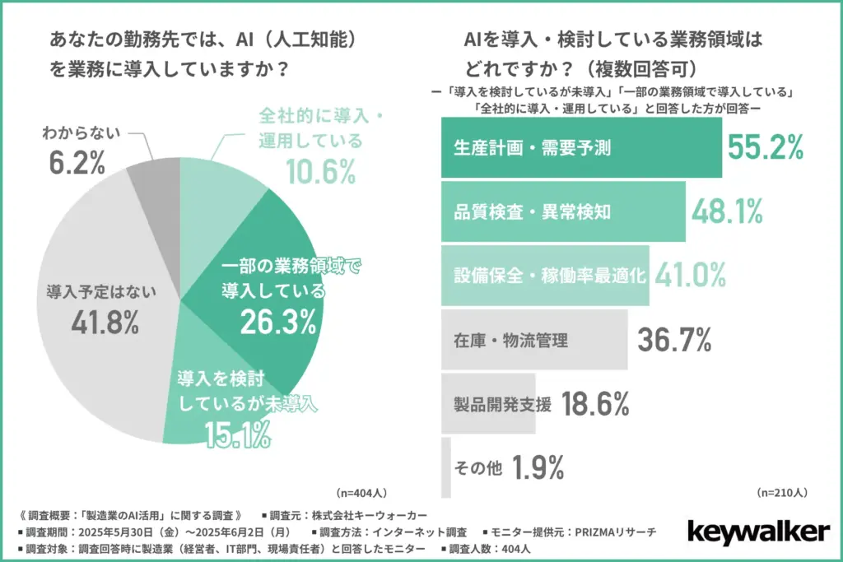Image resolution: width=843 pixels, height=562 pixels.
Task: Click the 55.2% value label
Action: point(766,147)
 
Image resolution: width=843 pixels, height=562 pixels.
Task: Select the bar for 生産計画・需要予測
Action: point(581,148)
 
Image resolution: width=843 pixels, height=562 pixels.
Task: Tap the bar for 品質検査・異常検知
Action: point(563,212)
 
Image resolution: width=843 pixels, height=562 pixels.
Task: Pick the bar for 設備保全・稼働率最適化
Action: point(546,275)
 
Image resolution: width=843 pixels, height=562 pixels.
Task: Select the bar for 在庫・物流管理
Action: point(535,338)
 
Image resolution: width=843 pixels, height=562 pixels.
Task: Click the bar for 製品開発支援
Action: point(488,402)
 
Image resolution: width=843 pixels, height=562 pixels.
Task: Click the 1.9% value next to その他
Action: point(538,467)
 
